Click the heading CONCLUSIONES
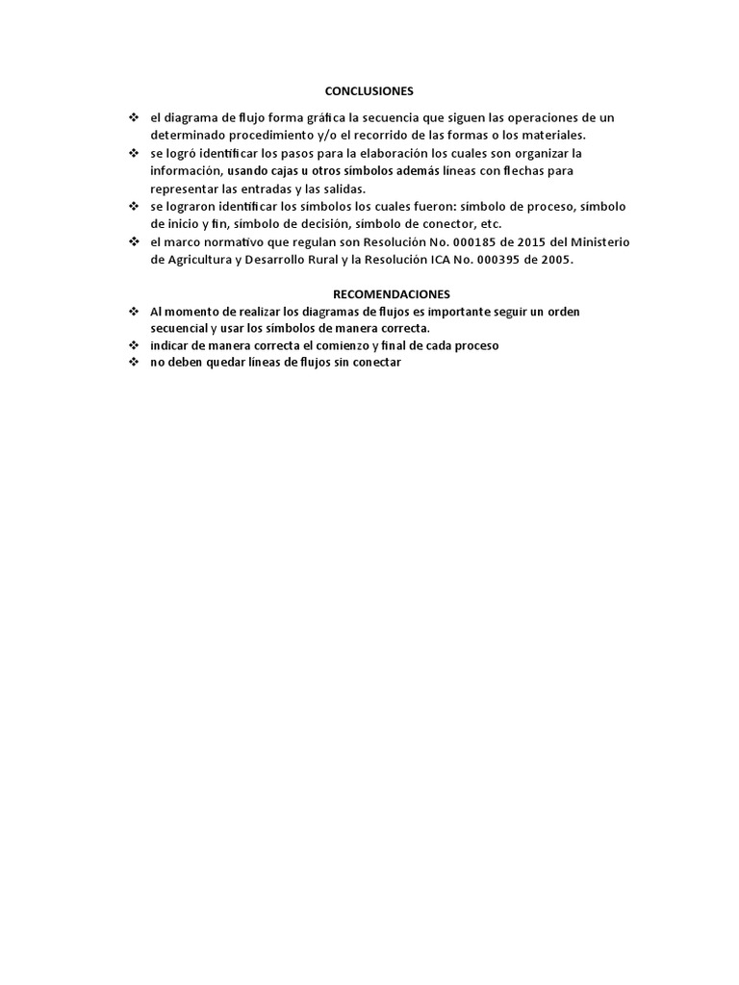(369, 91)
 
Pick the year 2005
(553, 260)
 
